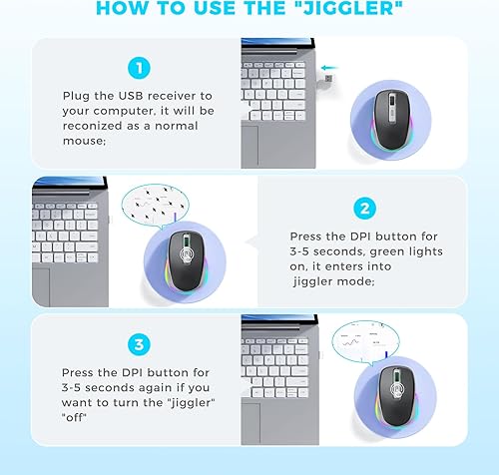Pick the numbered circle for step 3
coord(137,343)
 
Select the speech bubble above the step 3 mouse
coord(365,345)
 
